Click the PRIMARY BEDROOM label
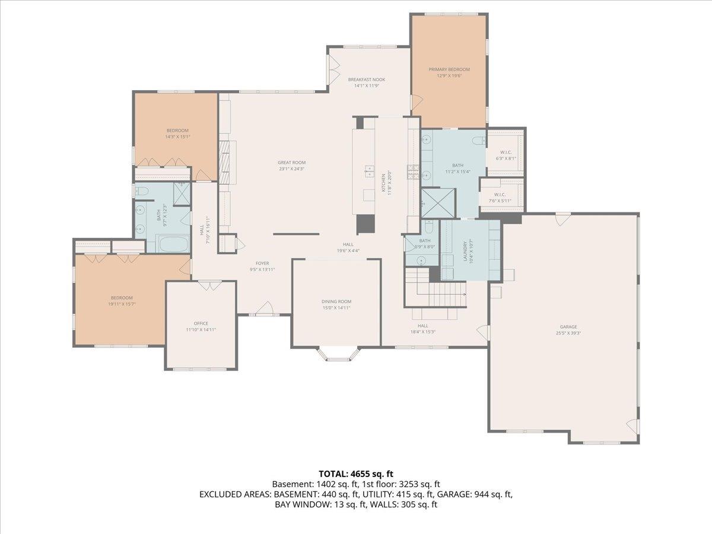pos(449,69)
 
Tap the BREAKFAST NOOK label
pos(366,80)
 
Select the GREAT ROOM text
pos(291,163)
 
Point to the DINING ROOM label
pos(336,301)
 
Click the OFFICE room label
pos(201,323)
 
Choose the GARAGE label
pos(568,327)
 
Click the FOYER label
pos(262,263)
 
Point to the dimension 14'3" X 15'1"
pos(177,137)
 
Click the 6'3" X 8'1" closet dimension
pos(506,158)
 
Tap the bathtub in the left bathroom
pos(172,243)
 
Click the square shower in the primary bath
pos(438,203)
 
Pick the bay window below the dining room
pos(336,355)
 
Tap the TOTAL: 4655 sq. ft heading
pos(356,473)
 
